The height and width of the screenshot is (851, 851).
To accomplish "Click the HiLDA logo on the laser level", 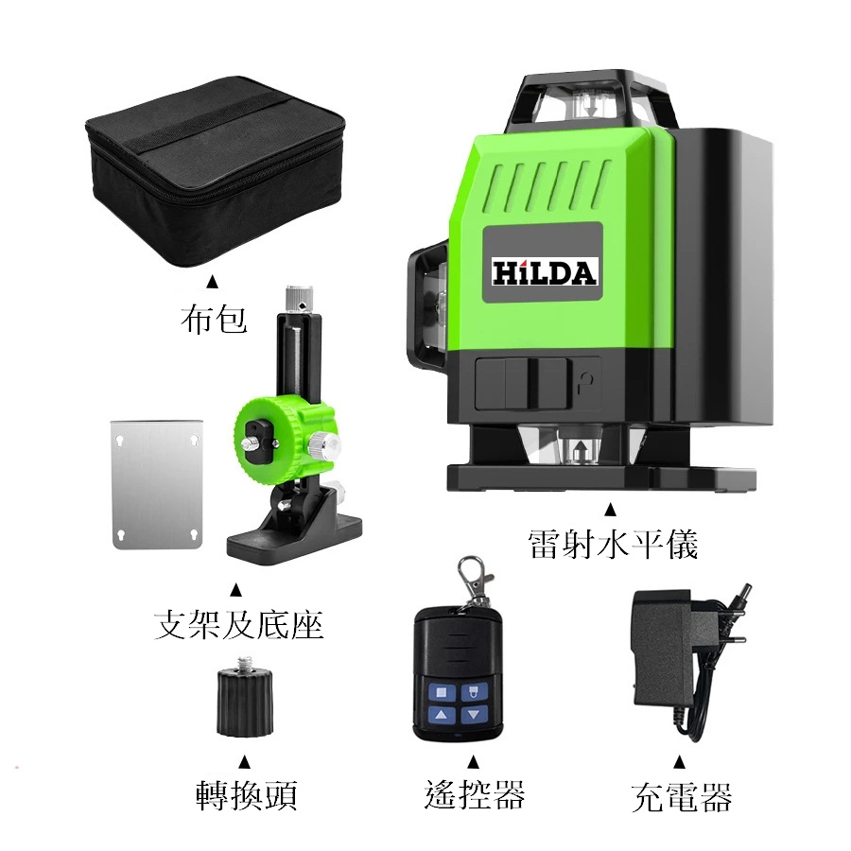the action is pyautogui.click(x=544, y=272).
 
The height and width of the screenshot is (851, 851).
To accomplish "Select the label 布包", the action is pyautogui.click(x=214, y=319).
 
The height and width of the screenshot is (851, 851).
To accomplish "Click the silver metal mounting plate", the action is pyautogui.click(x=156, y=484).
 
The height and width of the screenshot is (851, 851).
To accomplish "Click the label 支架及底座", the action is pyautogui.click(x=239, y=625).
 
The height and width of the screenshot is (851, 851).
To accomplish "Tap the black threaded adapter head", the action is pyautogui.click(x=245, y=696).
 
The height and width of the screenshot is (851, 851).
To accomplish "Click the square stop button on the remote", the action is pyautogui.click(x=442, y=692).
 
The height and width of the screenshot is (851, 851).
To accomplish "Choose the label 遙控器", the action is pyautogui.click(x=475, y=794).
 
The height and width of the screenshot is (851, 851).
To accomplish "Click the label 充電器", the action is pyautogui.click(x=682, y=797).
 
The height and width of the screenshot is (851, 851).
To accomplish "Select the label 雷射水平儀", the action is pyautogui.click(x=613, y=544).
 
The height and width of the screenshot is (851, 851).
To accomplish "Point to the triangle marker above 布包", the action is pyautogui.click(x=214, y=282).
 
